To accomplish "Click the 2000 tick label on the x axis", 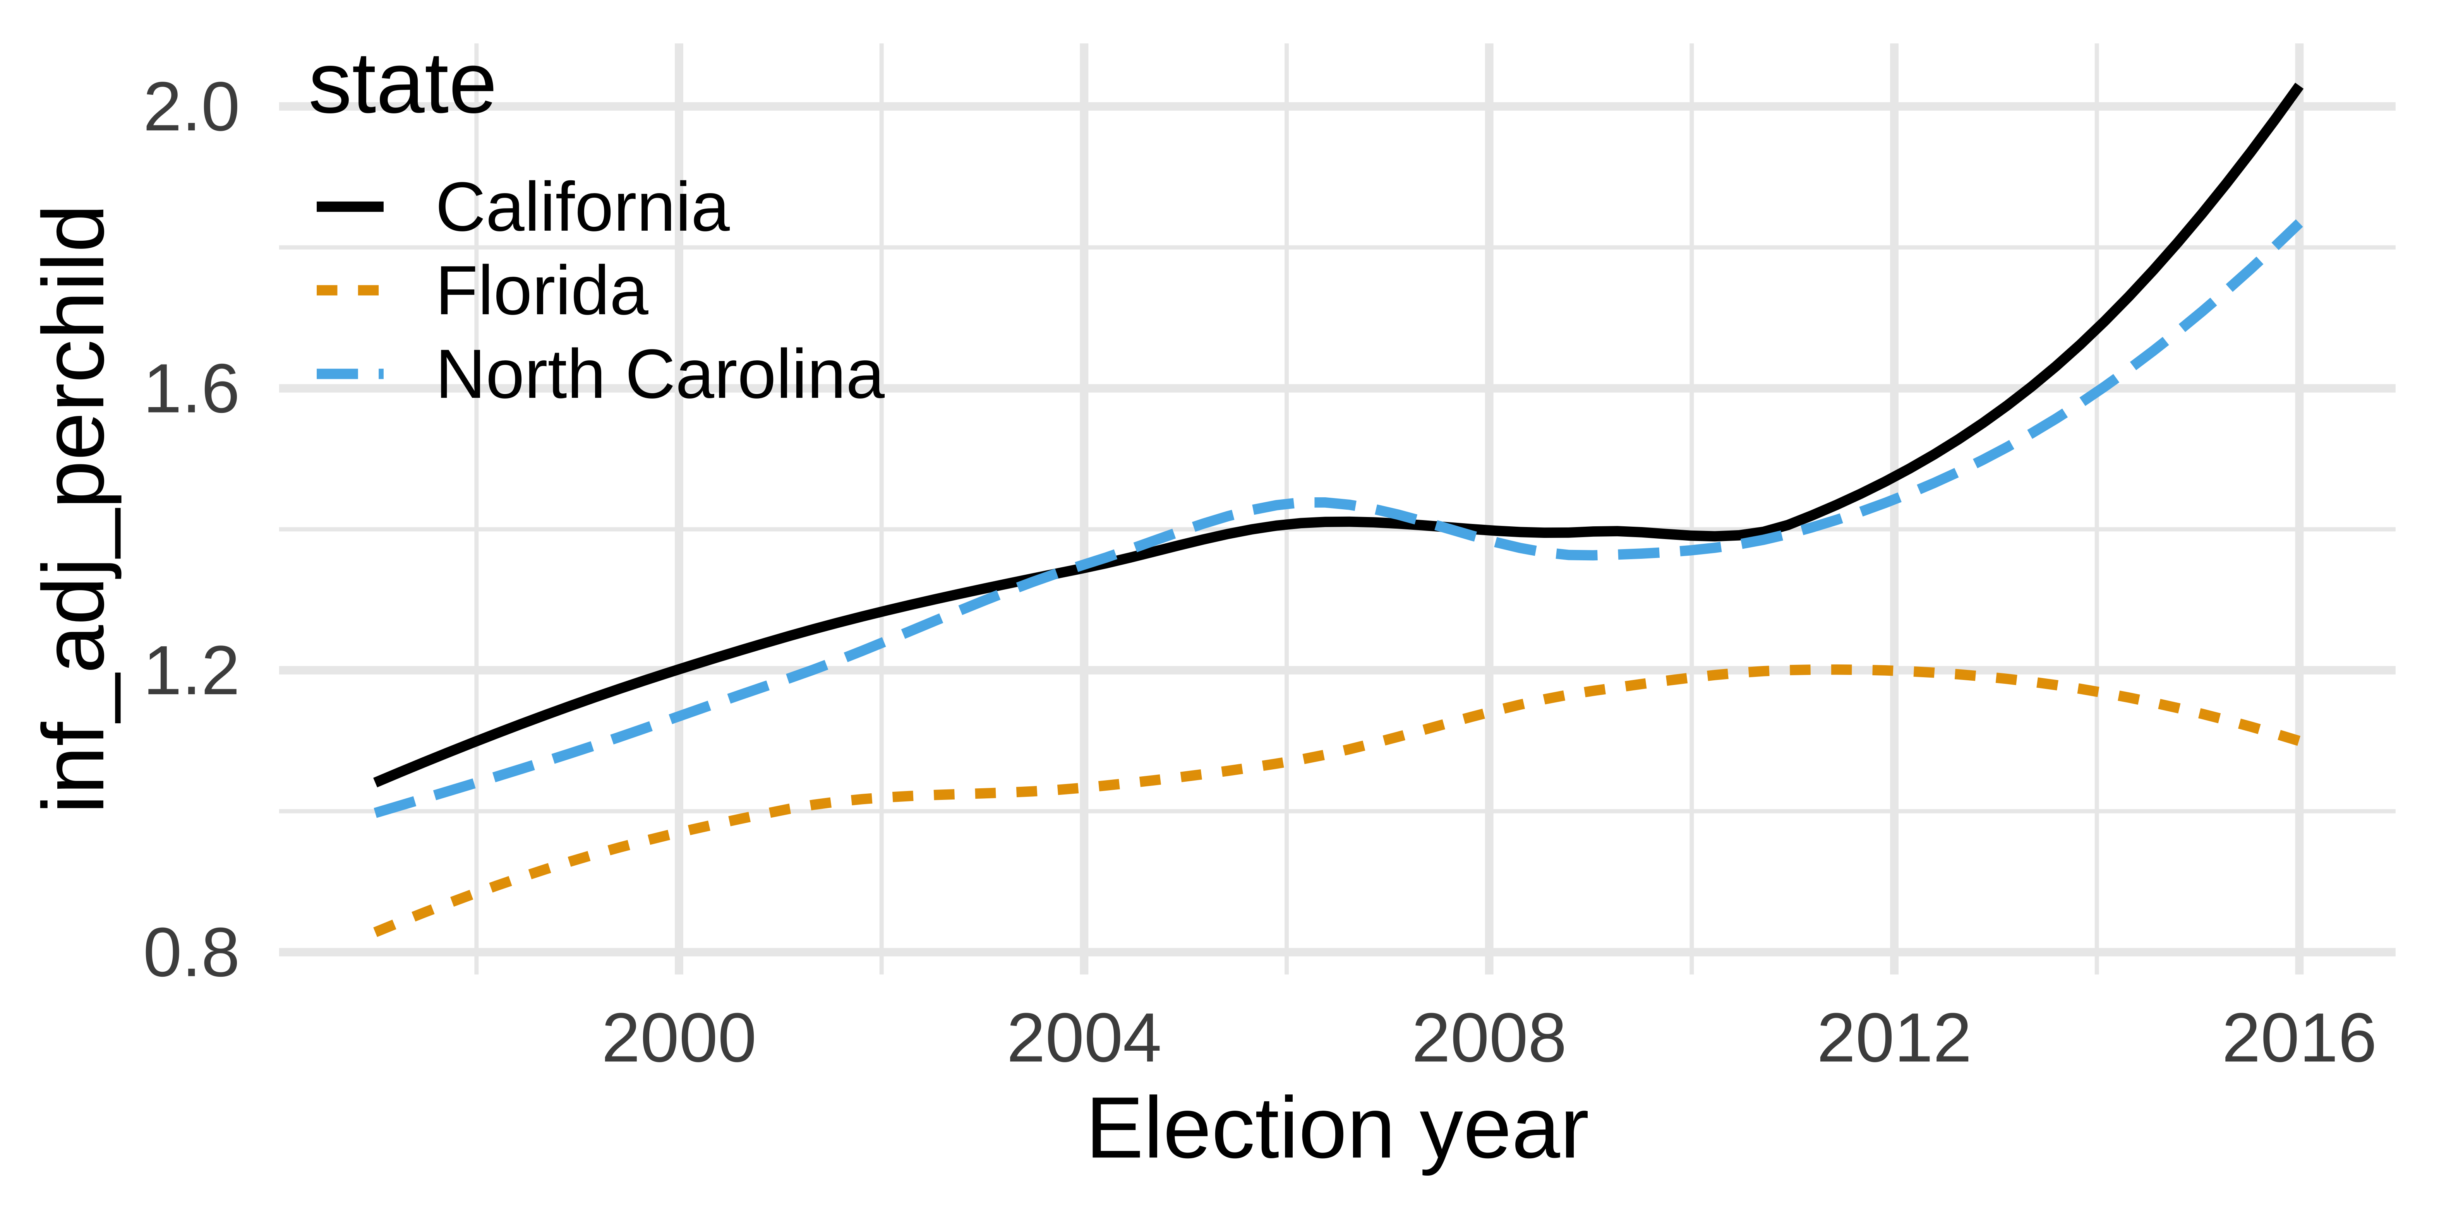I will coord(679,1039).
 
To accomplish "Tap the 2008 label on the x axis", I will coord(1489,1039).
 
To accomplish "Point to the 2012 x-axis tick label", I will coord(1894,1039).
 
